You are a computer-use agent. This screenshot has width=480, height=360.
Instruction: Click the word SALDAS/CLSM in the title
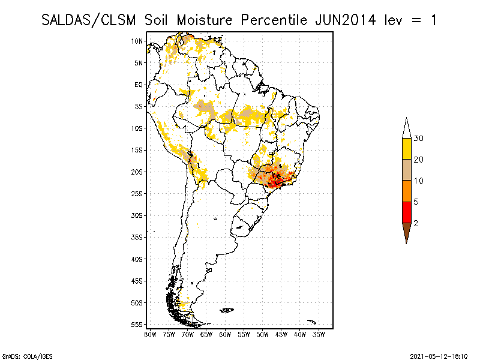(89, 20)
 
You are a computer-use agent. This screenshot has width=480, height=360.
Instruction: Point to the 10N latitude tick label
(137, 41)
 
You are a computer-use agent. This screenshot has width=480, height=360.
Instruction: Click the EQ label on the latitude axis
(139, 85)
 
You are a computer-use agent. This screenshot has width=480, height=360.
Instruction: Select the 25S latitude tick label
(137, 193)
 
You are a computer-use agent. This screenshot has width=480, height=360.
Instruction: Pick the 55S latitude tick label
(137, 324)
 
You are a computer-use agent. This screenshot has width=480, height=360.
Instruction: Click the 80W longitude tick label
(150, 334)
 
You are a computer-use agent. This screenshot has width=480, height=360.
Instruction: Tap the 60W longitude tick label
(225, 334)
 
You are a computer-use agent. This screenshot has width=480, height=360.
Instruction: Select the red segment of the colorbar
(406, 212)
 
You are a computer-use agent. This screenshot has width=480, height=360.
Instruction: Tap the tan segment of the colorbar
(406, 170)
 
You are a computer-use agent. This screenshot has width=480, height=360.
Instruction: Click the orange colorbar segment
(406, 191)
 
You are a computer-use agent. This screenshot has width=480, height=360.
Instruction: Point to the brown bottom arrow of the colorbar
(406, 232)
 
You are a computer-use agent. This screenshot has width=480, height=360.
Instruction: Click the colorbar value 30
(419, 139)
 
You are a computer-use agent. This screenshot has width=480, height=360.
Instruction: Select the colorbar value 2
(416, 223)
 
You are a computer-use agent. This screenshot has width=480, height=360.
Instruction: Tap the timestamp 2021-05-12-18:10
(439, 355)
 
